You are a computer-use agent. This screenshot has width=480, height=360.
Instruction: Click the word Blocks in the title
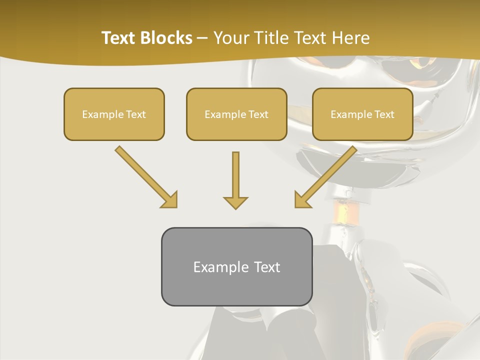coord(166,38)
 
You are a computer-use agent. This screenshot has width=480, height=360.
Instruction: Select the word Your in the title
coord(230,38)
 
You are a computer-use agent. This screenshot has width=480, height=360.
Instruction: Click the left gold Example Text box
coord(114,114)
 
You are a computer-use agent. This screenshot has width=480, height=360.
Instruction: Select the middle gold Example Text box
coord(236,114)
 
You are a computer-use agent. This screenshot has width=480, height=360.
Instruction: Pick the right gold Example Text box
coord(362,114)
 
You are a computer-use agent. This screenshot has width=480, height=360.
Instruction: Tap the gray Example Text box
coord(236,266)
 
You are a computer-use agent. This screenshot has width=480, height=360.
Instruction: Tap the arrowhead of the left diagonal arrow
coord(170,200)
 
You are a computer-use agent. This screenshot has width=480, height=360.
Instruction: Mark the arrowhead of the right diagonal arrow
coord(301,200)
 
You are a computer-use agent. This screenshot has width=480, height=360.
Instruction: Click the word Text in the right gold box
coord(384,114)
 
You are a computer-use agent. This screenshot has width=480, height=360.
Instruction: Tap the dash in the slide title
coord(202,38)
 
